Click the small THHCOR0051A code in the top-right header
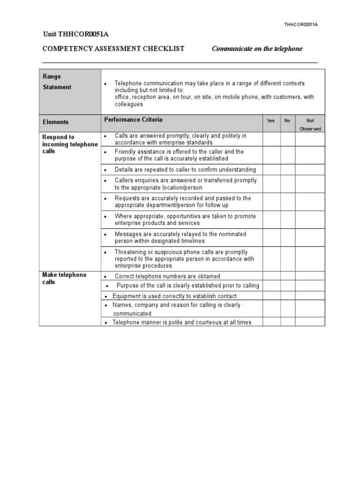point(301,24)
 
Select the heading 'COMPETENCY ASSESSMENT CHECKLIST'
point(113,49)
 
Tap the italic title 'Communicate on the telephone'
point(257,49)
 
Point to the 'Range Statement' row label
point(58,82)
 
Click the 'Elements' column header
point(56,122)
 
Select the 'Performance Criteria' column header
point(133,120)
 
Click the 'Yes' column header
point(271,121)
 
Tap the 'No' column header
point(287,121)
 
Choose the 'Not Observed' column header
point(310,124)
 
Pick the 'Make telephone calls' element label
point(64,278)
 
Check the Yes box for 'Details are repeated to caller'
point(271,169)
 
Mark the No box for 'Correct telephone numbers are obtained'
point(287,276)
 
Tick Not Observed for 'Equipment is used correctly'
point(310,296)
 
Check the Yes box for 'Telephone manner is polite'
point(271,322)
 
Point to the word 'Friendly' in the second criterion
point(125,152)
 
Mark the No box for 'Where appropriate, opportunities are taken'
point(287,220)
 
